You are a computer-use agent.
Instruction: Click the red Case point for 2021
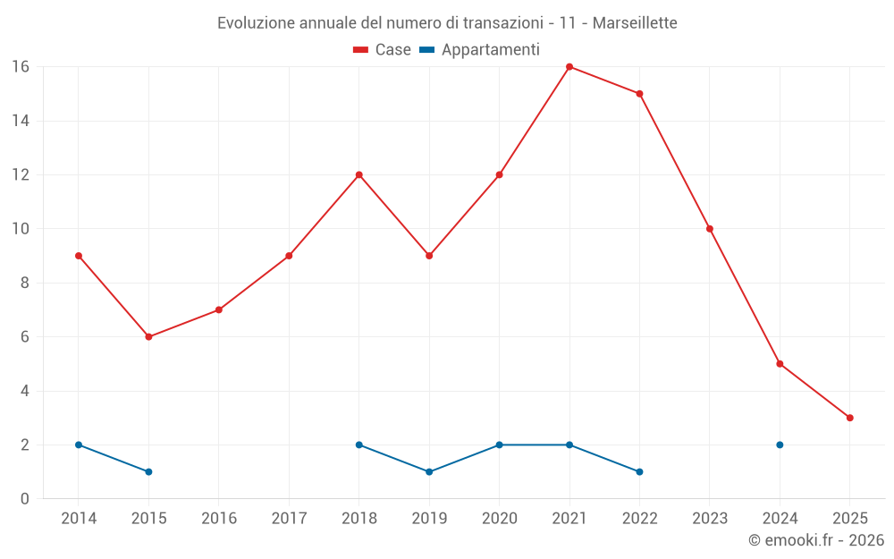click(x=569, y=67)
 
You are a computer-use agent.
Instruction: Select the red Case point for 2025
click(x=849, y=418)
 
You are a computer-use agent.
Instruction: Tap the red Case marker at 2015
click(x=148, y=337)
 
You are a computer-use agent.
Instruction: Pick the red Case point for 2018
click(x=359, y=175)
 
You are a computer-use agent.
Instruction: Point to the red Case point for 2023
click(x=710, y=229)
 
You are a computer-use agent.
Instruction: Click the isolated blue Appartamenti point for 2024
click(x=780, y=445)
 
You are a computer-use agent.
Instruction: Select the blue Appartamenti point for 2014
click(x=79, y=445)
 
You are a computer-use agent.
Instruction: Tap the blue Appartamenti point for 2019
click(x=429, y=471)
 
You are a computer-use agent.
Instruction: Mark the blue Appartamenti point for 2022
click(x=639, y=471)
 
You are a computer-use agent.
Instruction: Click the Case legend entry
click(x=383, y=50)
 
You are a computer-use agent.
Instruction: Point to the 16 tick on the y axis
click(x=21, y=67)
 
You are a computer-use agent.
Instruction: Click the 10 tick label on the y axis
click(x=21, y=229)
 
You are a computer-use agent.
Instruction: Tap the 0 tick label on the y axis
click(x=25, y=498)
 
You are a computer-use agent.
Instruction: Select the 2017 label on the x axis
click(x=289, y=519)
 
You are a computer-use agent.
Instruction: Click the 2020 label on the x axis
click(x=499, y=519)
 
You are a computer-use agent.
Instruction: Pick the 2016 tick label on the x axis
click(x=219, y=519)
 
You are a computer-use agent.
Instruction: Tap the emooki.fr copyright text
click(x=815, y=540)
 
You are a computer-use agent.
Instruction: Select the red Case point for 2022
click(x=639, y=94)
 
